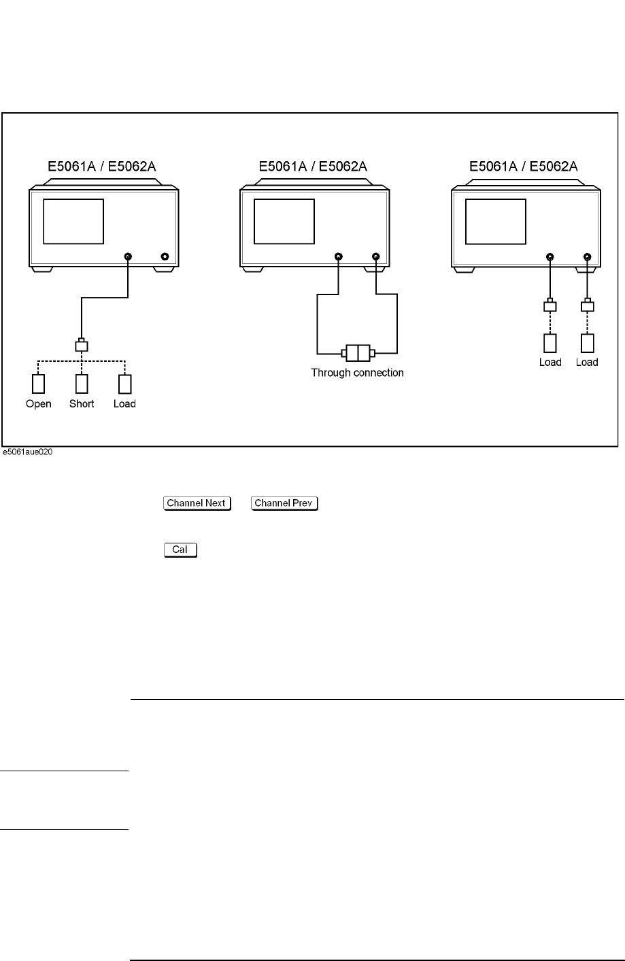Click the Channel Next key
coord(197,503)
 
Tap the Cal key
coord(180,550)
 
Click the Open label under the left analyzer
coord(39,404)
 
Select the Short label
coord(82,404)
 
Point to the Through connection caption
coord(357,373)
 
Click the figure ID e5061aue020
coord(27,452)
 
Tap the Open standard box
coord(39,384)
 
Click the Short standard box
coord(82,384)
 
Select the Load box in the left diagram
coord(124,384)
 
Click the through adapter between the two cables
coord(357,353)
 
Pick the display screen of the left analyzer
coord(73,221)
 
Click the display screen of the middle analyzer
coord(284,221)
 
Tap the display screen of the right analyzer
coord(496,221)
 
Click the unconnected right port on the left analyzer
coord(165,256)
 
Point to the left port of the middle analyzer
coord(339,256)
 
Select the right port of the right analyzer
coord(587,256)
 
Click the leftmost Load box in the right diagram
coord(550,342)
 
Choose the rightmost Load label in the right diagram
coord(587,362)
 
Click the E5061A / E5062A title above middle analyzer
coord(313,166)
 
